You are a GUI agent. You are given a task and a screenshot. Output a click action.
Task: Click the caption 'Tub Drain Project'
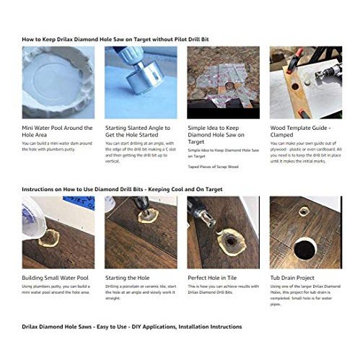(x=294, y=278)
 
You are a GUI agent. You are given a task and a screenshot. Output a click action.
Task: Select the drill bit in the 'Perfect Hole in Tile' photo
(x=203, y=218)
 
